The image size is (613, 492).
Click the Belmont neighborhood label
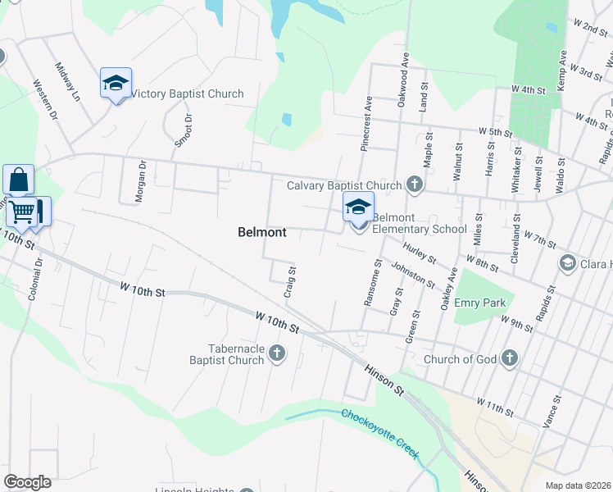(x=262, y=232)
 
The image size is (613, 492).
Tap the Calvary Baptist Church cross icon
(x=415, y=184)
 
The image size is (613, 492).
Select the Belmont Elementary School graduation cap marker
(x=358, y=208)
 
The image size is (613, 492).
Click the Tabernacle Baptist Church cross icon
(x=277, y=354)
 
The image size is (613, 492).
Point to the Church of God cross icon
(x=509, y=358)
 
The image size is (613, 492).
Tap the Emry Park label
(x=480, y=303)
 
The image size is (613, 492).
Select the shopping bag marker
(x=18, y=180)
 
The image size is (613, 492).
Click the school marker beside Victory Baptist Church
(x=116, y=83)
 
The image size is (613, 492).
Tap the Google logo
(x=27, y=482)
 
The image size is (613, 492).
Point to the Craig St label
(x=289, y=281)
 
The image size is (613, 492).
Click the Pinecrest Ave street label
(x=367, y=124)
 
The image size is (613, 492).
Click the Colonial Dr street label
(x=34, y=280)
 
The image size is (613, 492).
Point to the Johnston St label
(x=412, y=275)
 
